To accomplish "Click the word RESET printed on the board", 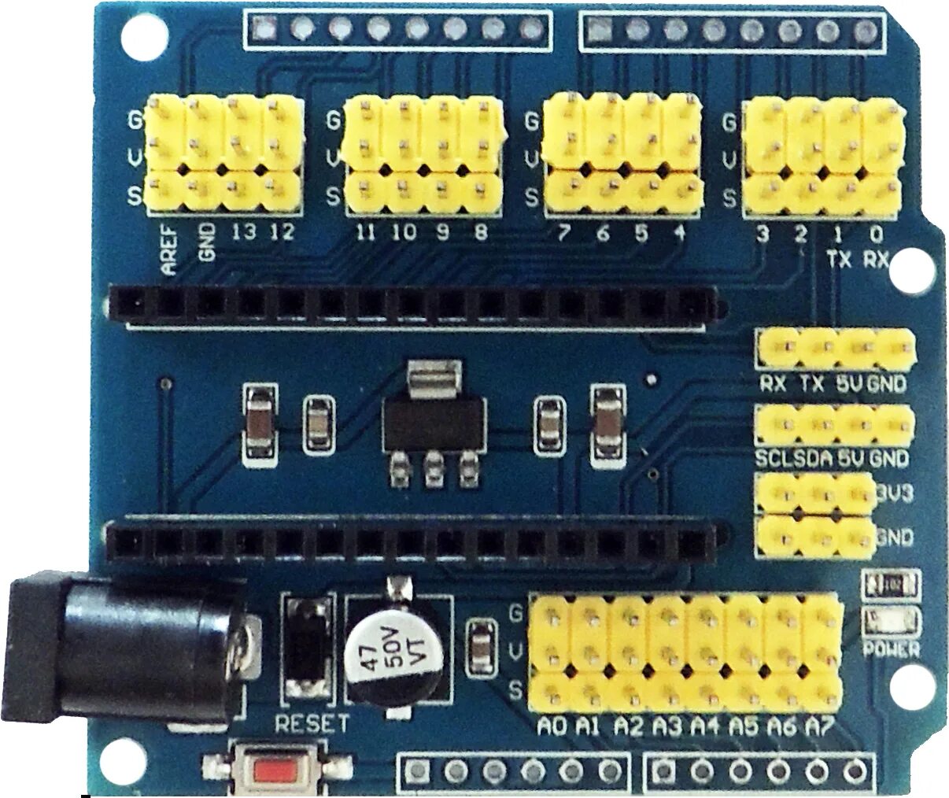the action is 311,723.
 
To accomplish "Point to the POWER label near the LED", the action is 892,649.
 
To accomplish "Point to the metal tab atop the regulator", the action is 431,376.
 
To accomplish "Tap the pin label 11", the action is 364,233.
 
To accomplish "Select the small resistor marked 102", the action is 892,585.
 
